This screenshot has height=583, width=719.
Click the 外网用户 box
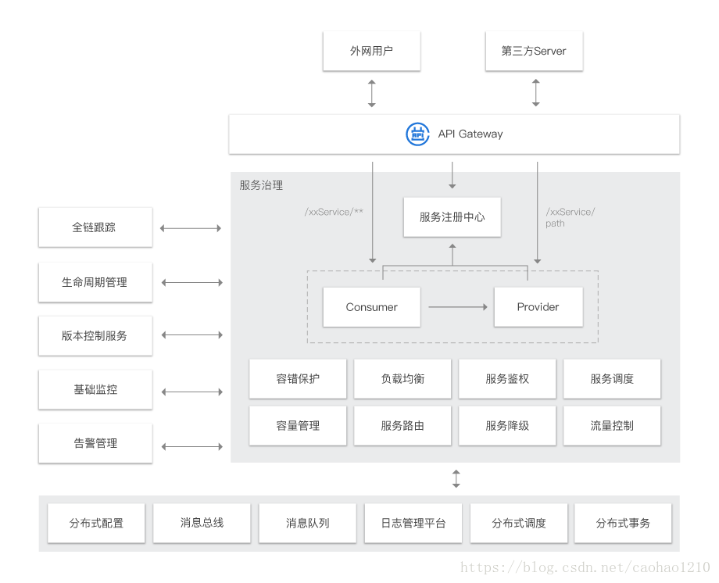click(371, 51)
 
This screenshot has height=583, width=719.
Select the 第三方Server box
click(534, 51)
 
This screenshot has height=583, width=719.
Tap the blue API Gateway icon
click(418, 134)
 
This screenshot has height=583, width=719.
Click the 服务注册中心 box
click(452, 216)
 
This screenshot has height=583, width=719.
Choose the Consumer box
click(372, 307)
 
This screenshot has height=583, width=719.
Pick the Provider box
click(538, 307)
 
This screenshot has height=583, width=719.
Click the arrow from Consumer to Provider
click(458, 307)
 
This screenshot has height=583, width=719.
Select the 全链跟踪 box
click(95, 227)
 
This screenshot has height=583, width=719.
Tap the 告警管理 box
click(95, 443)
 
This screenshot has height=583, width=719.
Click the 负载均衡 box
click(402, 379)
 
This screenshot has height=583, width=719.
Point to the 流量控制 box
click(612, 426)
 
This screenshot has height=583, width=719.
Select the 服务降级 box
click(507, 426)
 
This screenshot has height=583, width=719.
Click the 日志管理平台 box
click(413, 523)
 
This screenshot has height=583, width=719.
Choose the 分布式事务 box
click(623, 523)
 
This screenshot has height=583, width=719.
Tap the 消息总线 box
click(202, 523)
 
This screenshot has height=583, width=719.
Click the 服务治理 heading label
click(261, 185)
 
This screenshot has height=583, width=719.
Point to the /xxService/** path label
click(334, 212)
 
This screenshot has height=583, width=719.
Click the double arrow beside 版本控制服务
click(191, 335)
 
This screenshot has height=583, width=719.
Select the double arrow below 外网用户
click(372, 92)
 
